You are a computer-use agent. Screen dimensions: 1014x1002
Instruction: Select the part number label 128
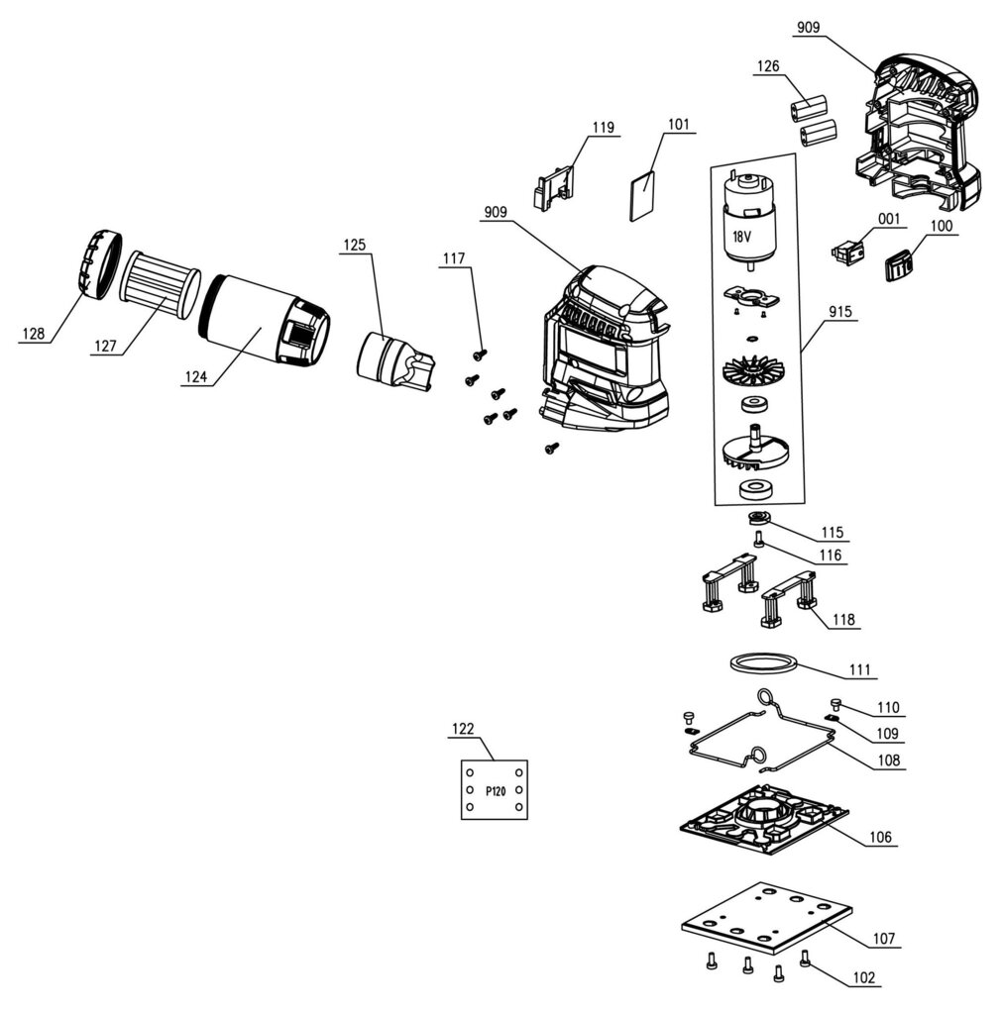point(33,335)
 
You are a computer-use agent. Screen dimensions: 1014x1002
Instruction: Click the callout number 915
point(842,311)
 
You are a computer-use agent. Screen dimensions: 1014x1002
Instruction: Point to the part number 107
point(884,938)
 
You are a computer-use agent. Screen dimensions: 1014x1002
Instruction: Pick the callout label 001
point(888,219)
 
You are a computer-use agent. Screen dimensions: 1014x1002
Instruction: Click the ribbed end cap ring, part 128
point(98,264)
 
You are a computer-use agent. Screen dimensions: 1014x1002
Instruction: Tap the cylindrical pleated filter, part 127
point(161,277)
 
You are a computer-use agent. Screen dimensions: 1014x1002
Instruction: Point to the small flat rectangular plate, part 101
point(642,196)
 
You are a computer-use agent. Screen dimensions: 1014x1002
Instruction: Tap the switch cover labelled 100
point(899,264)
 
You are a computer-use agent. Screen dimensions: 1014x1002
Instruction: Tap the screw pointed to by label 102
point(804,958)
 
